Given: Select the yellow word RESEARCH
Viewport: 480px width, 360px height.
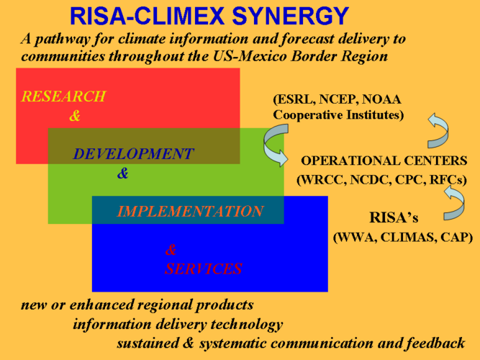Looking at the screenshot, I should tap(63, 96).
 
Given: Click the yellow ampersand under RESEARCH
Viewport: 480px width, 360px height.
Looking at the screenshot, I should tap(75, 116).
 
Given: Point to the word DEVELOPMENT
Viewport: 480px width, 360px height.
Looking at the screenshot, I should tap(133, 154).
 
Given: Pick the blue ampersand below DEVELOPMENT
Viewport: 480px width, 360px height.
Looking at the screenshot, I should tap(122, 174).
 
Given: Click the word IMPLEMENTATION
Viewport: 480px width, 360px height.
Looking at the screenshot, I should tap(190, 212).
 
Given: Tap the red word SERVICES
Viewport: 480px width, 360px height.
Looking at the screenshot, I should tap(203, 269).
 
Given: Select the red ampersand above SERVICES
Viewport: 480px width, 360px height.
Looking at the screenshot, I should tap(171, 250).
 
